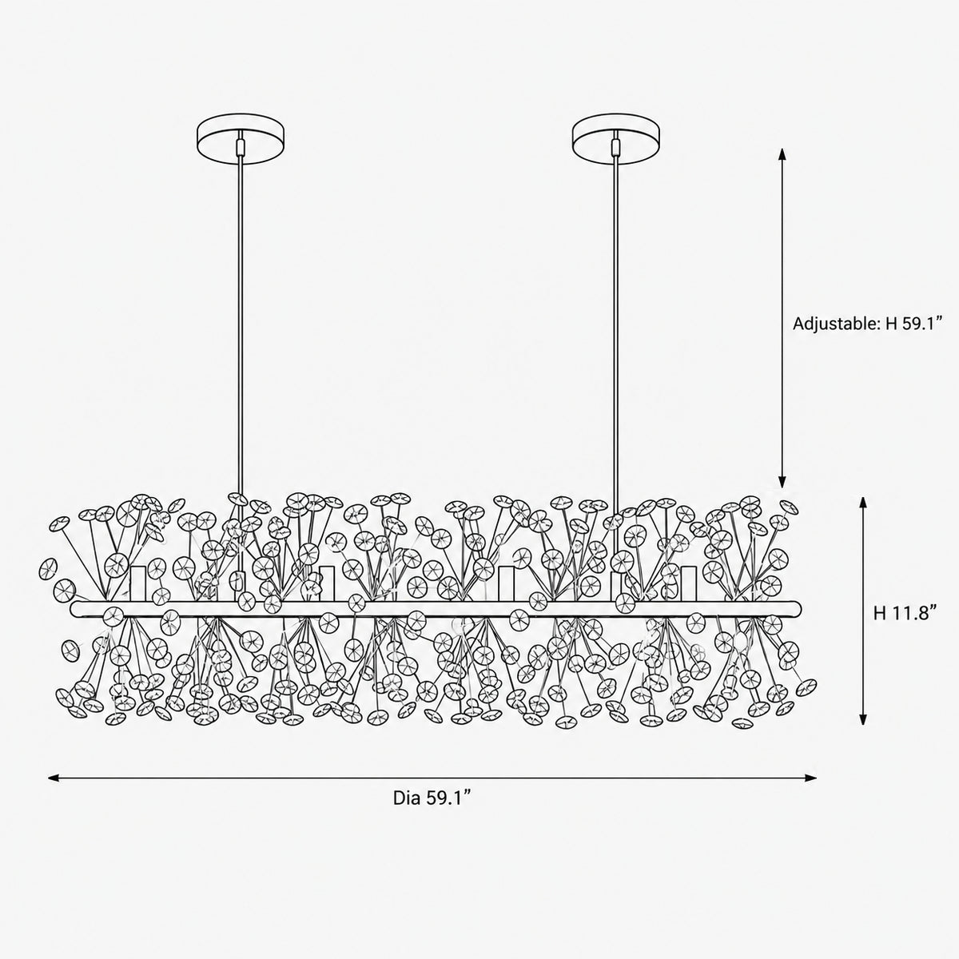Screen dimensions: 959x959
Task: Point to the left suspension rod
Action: point(241,324)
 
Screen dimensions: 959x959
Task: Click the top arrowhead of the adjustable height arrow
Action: point(782,154)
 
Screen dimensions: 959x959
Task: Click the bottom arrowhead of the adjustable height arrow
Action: point(782,481)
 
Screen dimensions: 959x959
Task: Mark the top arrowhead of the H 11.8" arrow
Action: point(863,503)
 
